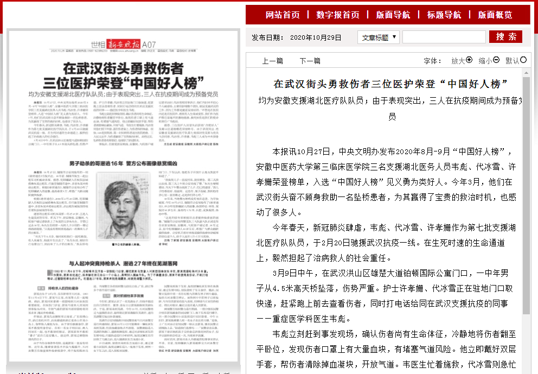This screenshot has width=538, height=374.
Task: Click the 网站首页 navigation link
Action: [x=283, y=15]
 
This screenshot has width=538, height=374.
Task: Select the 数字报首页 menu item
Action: [x=338, y=15]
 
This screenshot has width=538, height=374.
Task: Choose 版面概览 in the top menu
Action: [x=495, y=15]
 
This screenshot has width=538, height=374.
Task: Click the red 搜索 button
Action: [x=505, y=37]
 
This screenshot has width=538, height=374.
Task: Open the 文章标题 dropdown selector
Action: [x=379, y=37]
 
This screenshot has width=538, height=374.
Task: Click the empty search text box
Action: [x=444, y=37]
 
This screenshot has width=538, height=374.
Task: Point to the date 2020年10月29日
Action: [x=316, y=37]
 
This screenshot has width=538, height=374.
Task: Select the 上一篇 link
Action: [x=272, y=61]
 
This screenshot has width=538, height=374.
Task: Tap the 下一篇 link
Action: [x=310, y=61]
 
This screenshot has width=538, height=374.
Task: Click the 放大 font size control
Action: [x=462, y=61]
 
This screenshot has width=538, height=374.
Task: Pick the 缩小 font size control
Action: [x=489, y=61]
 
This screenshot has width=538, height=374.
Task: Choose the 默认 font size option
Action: [x=516, y=61]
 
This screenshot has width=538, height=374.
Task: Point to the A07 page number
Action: [x=149, y=43]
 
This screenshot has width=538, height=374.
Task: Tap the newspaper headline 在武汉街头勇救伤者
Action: [x=123, y=69]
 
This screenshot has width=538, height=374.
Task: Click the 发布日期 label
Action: [x=267, y=37]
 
